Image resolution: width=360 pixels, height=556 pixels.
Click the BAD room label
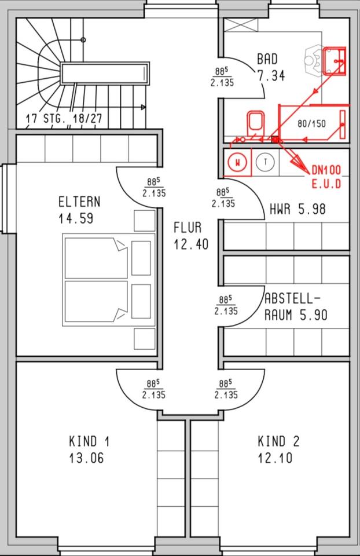(x=267, y=59)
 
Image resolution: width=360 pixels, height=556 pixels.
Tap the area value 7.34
(x=271, y=75)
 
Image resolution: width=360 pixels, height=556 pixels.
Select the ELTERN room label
(x=79, y=202)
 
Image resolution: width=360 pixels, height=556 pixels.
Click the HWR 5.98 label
(x=297, y=210)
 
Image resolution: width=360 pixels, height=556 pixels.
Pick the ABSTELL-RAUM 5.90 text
(x=296, y=307)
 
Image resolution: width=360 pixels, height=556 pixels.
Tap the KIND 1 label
(x=89, y=442)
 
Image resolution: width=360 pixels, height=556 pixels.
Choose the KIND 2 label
(x=278, y=442)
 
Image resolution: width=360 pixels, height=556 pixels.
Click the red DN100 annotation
(x=326, y=170)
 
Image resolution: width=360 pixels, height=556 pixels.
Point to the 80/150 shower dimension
(x=311, y=124)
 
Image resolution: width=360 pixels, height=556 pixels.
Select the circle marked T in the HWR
(x=265, y=162)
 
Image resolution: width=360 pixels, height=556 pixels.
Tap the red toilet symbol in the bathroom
(x=254, y=123)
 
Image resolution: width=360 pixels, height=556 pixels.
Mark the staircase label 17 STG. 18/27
(x=64, y=119)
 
